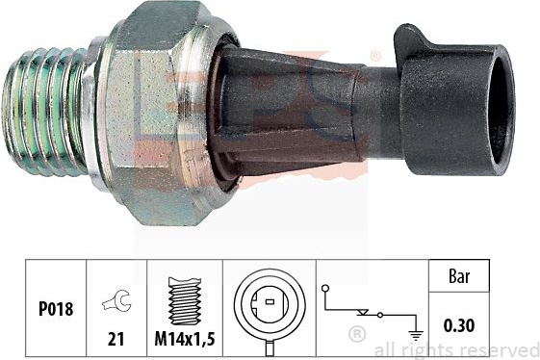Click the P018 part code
click(56, 308)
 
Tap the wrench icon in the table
click(117, 300)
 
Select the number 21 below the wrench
click(116, 339)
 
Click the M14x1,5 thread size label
click(185, 339)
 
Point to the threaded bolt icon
click(185, 301)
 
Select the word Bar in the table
click(459, 276)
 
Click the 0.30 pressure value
click(459, 325)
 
